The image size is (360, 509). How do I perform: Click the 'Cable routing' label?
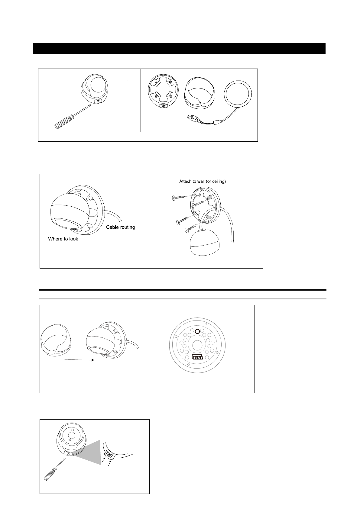tap(120, 227)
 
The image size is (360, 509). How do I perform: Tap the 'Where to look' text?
tap(63, 239)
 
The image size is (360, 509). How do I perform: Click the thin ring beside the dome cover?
tap(238, 94)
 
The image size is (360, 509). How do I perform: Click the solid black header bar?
tap(179, 48)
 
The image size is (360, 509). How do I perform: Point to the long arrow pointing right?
tap(79, 360)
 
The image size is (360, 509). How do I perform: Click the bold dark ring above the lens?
tap(197, 332)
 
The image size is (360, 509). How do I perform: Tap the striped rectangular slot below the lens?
tap(197, 357)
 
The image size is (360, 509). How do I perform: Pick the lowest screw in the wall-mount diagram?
tap(191, 228)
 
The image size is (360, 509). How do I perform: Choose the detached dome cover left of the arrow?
tap(56, 340)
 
